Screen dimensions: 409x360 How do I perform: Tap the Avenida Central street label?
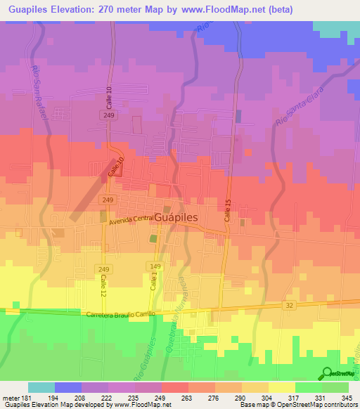131,219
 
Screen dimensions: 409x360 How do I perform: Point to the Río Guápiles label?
147,349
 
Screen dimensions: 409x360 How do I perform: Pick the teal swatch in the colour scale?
41,387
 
